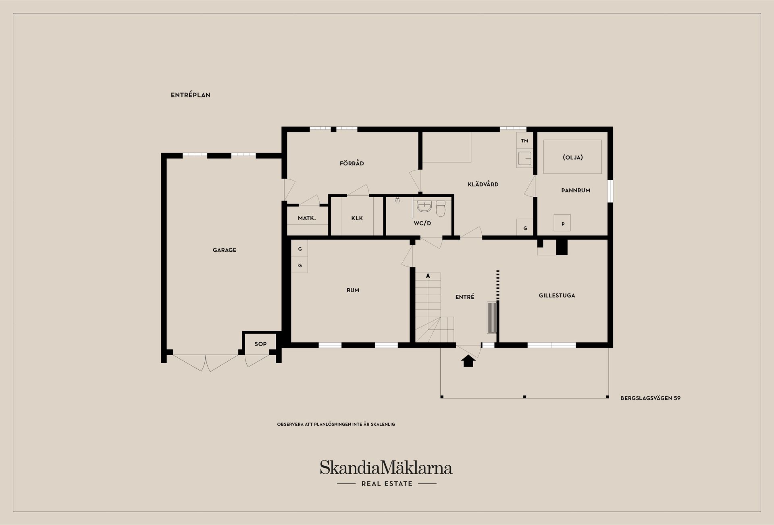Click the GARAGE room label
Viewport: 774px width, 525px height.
pyautogui.click(x=225, y=250)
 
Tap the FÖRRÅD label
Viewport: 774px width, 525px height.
pyautogui.click(x=352, y=163)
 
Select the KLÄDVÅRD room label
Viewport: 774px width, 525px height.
pyautogui.click(x=483, y=184)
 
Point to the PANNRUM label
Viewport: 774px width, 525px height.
pyautogui.click(x=576, y=190)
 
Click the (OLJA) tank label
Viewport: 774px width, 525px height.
pyautogui.click(x=573, y=157)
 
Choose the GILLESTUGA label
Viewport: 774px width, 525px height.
pyautogui.click(x=557, y=296)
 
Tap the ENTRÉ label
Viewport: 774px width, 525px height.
pyautogui.click(x=465, y=297)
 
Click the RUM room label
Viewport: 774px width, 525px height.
pyautogui.click(x=353, y=290)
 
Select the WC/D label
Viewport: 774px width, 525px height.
pyautogui.click(x=422, y=223)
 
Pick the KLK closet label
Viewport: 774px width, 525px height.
pyautogui.click(x=357, y=218)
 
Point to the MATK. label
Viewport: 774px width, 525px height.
pyautogui.click(x=307, y=218)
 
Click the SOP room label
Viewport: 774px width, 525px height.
pyautogui.click(x=260, y=344)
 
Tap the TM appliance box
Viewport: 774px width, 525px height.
pyautogui.click(x=524, y=141)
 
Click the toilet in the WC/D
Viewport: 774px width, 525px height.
pyautogui.click(x=440, y=208)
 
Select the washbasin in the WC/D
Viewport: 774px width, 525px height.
pyautogui.click(x=424, y=207)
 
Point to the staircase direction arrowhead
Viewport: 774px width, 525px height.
pyautogui.click(x=428, y=275)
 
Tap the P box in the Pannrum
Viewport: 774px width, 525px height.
pyautogui.click(x=563, y=223)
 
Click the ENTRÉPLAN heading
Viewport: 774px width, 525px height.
pyautogui.click(x=190, y=95)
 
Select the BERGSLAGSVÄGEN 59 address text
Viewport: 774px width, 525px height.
pyautogui.click(x=650, y=398)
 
